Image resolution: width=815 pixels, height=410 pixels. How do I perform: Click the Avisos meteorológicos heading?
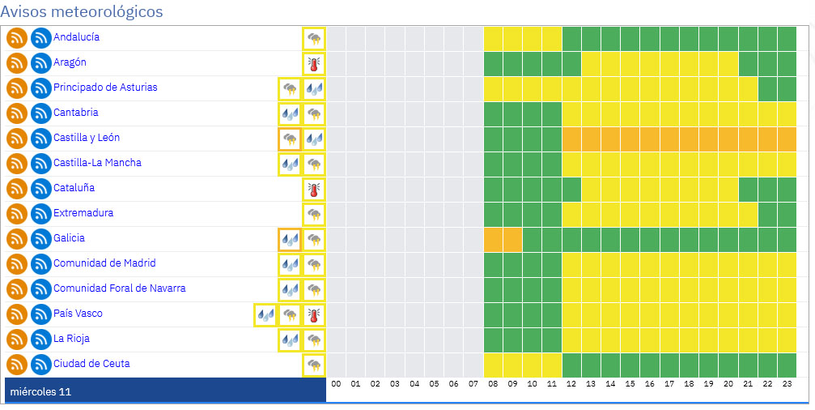82,12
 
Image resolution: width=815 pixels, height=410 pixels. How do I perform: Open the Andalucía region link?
77,37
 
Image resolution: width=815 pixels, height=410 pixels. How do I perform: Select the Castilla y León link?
87,138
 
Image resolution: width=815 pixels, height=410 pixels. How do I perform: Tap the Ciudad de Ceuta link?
91,364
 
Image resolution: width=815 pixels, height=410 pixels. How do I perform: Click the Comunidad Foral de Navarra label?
120,288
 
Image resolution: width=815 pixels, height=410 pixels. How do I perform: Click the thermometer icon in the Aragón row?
313,63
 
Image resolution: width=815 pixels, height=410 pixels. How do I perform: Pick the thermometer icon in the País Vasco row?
313,314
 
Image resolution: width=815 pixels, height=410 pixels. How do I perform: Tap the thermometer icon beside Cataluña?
313,189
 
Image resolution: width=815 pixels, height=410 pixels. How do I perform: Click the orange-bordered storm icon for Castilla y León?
289,139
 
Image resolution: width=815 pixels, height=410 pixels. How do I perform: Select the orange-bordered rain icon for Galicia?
289,239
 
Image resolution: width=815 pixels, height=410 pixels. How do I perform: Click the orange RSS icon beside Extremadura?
17,214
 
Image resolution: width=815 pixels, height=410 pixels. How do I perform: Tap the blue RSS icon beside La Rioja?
41,340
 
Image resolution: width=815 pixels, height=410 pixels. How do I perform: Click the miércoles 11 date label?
40,392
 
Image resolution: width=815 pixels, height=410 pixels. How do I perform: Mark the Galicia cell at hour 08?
493,239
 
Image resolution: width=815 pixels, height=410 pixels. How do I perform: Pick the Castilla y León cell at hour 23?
787,139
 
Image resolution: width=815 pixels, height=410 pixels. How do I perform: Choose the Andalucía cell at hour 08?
493,38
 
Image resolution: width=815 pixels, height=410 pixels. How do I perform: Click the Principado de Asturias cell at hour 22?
767,88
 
